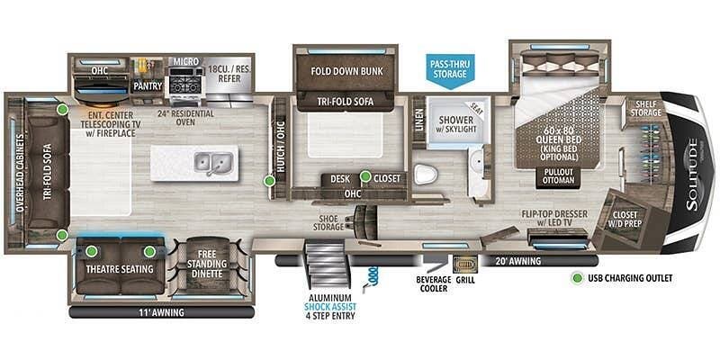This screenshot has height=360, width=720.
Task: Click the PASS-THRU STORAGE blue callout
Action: point(449,67)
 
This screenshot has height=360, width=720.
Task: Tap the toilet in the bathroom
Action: point(427,174)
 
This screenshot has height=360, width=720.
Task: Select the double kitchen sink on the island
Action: point(213,163)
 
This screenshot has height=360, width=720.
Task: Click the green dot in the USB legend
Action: point(576,278)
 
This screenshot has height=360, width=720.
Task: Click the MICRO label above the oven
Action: point(185,61)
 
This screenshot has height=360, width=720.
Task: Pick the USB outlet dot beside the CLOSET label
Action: point(365,177)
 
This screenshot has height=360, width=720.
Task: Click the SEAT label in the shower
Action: point(479,108)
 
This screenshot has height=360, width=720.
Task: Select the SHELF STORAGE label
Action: point(645,107)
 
